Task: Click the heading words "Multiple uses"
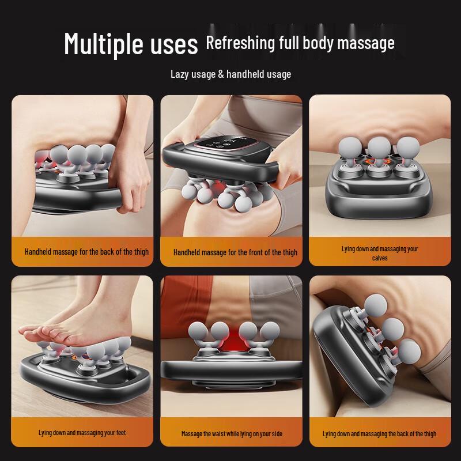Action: click(131, 43)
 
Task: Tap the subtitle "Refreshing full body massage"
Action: click(300, 43)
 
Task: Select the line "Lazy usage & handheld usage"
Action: click(231, 74)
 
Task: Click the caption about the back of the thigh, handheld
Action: click(86, 252)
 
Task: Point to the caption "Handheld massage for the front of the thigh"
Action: click(235, 252)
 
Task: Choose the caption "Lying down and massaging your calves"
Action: click(379, 253)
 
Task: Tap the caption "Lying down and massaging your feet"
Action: click(82, 433)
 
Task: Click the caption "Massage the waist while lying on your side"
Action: click(232, 433)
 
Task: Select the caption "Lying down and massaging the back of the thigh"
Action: click(379, 433)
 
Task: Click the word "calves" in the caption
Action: click(380, 258)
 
